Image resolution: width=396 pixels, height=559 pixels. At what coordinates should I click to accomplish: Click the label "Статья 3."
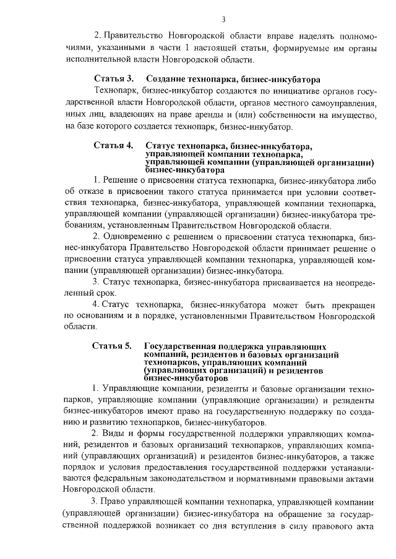[114, 80]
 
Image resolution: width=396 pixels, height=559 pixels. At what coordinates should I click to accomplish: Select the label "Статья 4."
[114, 146]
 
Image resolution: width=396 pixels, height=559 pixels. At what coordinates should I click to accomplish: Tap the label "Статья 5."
[113, 346]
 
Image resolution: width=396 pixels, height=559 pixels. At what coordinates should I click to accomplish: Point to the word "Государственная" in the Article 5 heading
[181, 346]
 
